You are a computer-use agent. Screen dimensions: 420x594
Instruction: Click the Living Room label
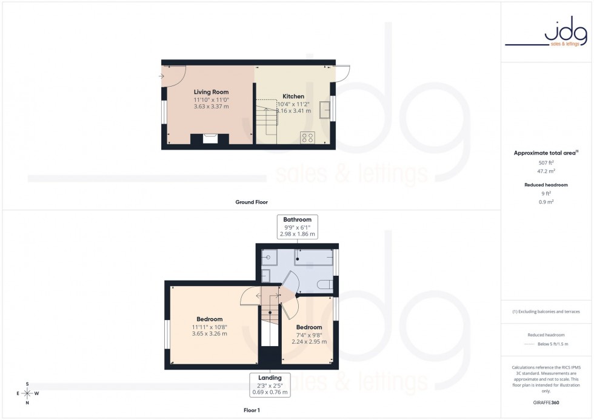pos(211,92)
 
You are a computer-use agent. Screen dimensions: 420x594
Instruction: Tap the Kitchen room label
pos(293,96)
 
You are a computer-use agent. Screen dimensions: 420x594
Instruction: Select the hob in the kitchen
pos(307,138)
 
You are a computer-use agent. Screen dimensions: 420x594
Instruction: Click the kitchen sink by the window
pos(325,108)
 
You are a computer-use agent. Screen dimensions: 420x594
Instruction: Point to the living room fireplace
pos(210,139)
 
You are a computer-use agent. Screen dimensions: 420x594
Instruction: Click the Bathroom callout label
pos(297,219)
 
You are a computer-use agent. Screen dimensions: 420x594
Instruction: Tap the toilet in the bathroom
pos(324,284)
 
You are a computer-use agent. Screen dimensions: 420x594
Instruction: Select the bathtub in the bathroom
pos(313,257)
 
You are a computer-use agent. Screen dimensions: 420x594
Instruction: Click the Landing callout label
pos(270,378)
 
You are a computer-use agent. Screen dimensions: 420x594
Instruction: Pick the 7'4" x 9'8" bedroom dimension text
pos(309,335)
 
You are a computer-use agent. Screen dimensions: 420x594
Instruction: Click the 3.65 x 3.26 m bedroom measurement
pos(209,333)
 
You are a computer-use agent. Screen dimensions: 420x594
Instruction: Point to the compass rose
pos(28,393)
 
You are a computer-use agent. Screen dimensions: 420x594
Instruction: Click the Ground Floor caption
pos(252,202)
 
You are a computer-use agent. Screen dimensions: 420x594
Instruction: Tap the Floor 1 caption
pos(250,410)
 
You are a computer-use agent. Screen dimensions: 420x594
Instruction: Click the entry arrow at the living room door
pos(162,76)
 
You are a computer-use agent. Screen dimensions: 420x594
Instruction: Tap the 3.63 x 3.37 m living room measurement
pos(211,107)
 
